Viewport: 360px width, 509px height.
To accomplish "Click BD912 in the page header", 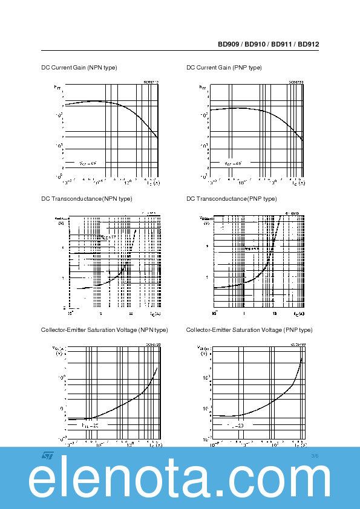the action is coord(309,44).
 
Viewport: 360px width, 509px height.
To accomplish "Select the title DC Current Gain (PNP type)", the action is coord(224,67).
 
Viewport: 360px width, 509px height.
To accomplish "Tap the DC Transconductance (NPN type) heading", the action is coord(87,199).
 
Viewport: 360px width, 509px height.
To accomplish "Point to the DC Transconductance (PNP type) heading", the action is coord(232,199).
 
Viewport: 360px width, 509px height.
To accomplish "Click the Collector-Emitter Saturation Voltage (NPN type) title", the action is coord(104,330).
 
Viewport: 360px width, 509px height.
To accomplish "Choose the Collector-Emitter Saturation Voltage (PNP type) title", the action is coord(249,330).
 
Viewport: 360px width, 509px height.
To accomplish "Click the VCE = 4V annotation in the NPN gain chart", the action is coord(88,163).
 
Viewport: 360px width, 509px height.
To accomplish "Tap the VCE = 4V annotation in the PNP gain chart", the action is coord(233,163).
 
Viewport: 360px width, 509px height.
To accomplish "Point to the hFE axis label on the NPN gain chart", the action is coord(58,88).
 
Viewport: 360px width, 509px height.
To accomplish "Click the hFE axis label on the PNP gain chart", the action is coord(203,88).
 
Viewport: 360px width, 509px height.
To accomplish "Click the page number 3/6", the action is coord(314,455).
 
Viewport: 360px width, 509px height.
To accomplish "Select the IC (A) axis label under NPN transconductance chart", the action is coord(155,314).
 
